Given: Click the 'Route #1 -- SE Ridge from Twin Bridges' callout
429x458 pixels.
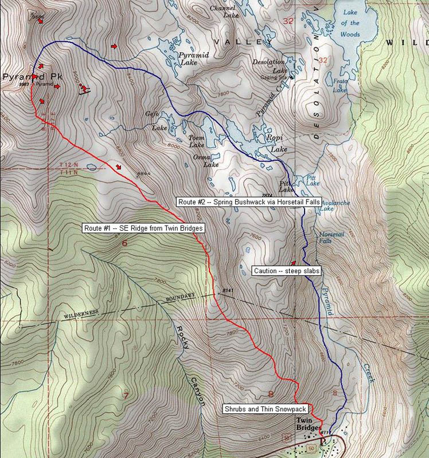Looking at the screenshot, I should click(x=143, y=228).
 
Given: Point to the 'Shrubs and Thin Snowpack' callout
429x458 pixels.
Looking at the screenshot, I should click(x=266, y=409).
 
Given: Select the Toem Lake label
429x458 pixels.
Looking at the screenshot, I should click(x=197, y=141).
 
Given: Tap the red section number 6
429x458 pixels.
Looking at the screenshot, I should click(x=124, y=243).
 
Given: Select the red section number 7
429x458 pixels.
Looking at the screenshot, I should click(x=124, y=394).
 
